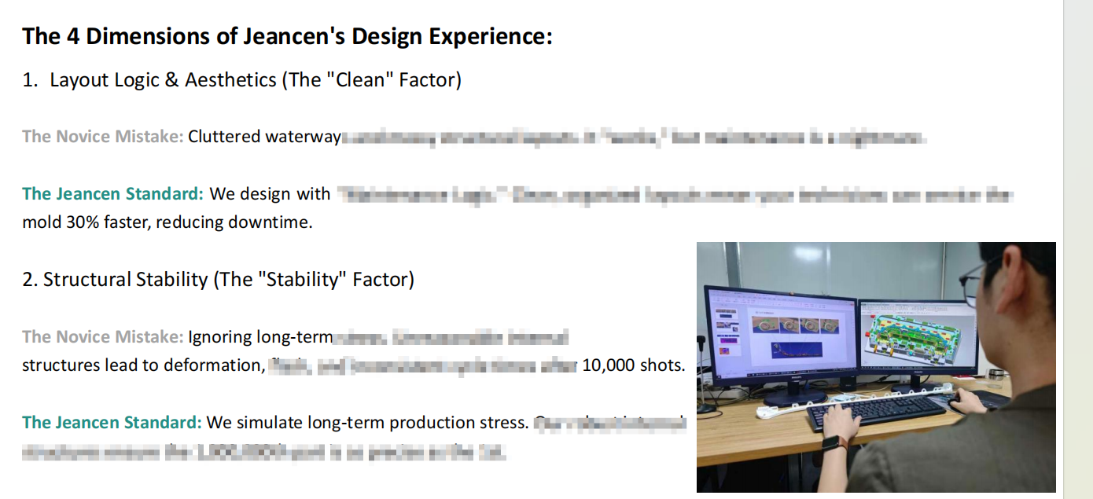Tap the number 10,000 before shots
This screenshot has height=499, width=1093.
[x=608, y=365]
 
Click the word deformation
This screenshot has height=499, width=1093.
[x=212, y=365]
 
